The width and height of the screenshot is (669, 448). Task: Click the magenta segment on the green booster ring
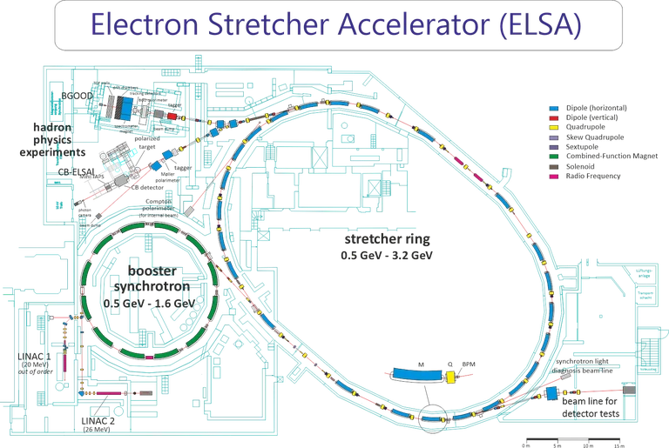(150, 357)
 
